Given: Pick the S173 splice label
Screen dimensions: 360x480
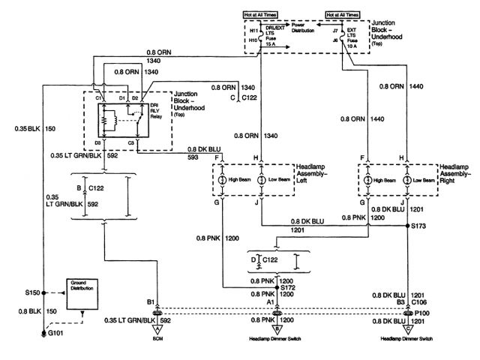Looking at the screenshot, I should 418,226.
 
